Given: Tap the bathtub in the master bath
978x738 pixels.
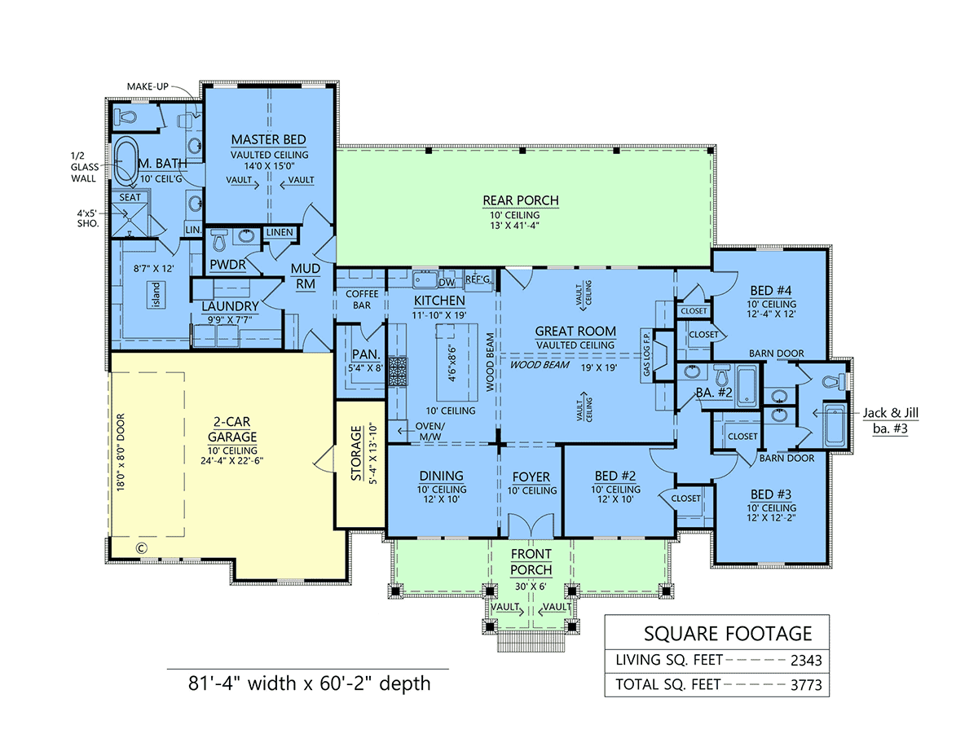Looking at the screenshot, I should tap(125, 161).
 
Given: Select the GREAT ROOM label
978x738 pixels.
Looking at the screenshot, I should tap(575, 332).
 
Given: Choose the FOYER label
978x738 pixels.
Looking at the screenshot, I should tap(531, 477).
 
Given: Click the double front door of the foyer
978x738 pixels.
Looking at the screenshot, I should tap(531, 525).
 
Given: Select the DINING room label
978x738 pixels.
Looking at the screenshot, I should tap(442, 476).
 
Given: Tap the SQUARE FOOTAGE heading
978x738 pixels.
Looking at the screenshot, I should tap(728, 633).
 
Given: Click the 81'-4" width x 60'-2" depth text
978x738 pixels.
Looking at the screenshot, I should tap(299, 682).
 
